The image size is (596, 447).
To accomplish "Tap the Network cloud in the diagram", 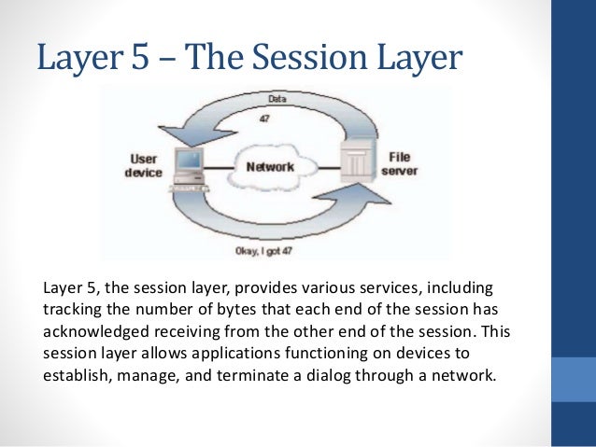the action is [x=270, y=168].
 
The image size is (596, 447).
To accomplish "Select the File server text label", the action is [x=400, y=164].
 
